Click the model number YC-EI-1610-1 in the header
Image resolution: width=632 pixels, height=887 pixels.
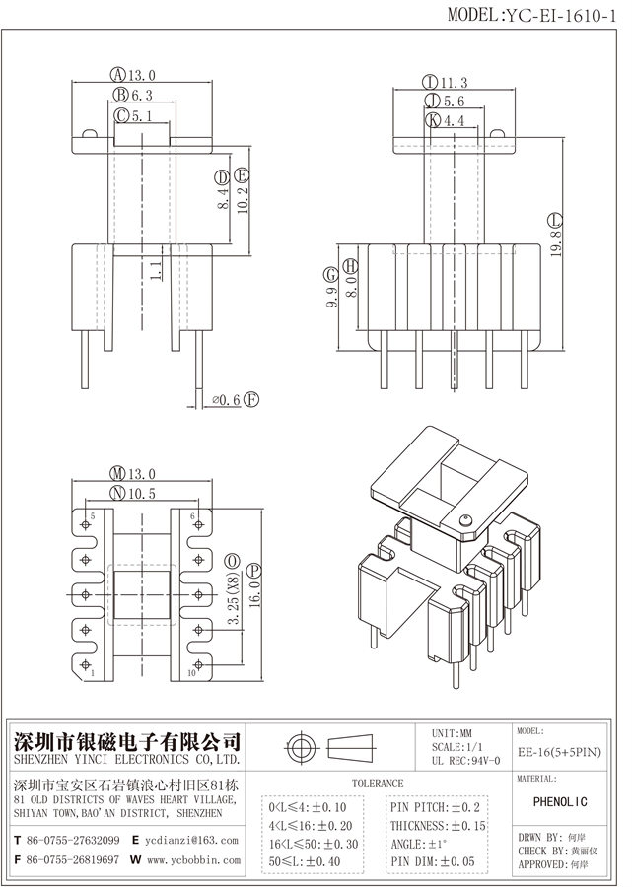561,14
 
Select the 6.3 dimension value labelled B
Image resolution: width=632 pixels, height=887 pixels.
140,96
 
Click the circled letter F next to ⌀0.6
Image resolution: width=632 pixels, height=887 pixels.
251,399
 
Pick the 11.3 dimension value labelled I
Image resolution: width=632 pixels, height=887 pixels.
454,82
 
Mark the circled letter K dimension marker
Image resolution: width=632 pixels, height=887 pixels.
432,120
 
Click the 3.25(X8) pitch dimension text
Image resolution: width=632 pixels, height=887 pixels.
234,612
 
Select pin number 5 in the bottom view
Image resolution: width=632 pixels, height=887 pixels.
93,515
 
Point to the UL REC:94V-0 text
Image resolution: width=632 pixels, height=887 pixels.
465,760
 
